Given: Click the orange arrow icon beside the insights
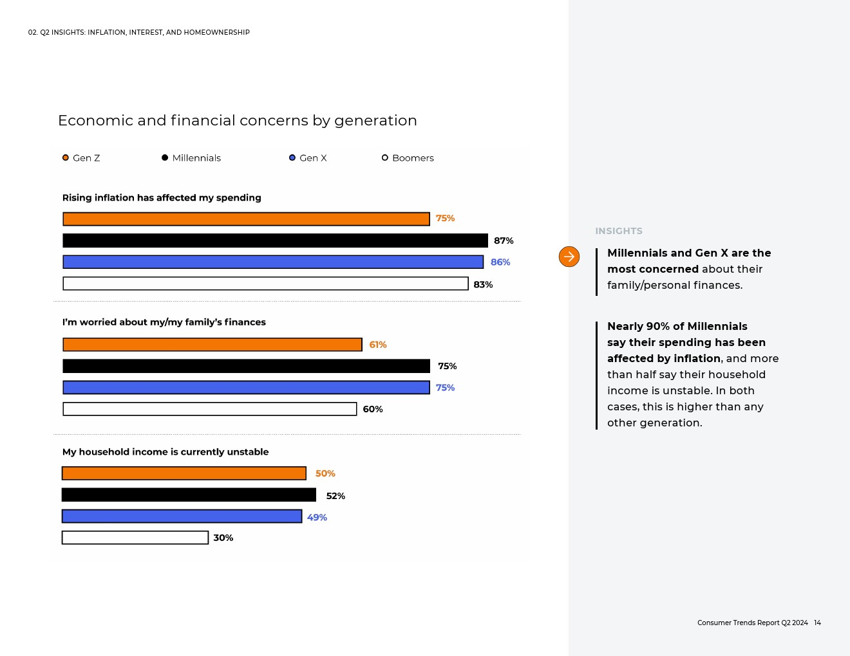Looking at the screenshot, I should (x=569, y=257).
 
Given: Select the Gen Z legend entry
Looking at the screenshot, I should (x=81, y=158).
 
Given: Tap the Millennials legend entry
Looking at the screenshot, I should (x=191, y=158).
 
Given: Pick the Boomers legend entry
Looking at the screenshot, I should (x=408, y=158).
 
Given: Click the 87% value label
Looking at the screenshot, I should (x=504, y=241).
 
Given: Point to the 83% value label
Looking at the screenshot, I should (x=483, y=285).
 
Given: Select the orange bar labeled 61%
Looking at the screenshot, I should (x=212, y=345).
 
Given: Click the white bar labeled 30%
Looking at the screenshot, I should (x=135, y=538).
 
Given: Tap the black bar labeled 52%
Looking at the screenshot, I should (x=189, y=495).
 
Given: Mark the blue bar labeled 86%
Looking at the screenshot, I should (x=273, y=262).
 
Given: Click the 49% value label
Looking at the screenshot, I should (x=317, y=518).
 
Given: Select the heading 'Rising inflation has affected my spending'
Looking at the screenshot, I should (x=162, y=198).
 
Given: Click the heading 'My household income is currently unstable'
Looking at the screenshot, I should (x=165, y=452).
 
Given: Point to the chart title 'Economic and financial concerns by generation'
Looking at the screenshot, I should (x=238, y=121).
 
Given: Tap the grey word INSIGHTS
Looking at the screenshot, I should (x=619, y=232).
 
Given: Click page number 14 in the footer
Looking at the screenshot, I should (x=817, y=623).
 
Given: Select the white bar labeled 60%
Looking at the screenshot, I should (x=210, y=409).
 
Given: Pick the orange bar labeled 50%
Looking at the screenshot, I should (x=184, y=473).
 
